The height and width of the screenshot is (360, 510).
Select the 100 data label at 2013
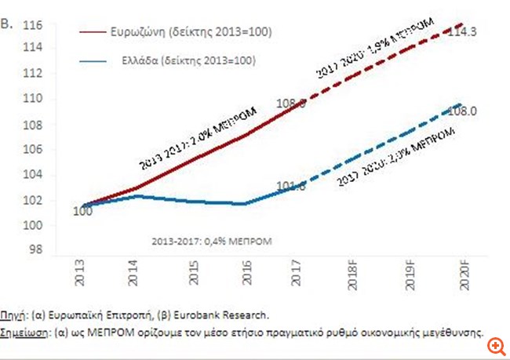click(82, 212)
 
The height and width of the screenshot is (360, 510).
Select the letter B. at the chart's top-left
click(9, 24)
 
